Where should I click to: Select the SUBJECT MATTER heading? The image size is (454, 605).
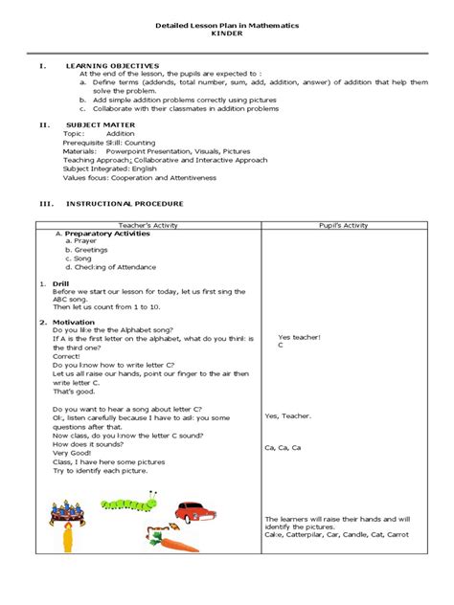101,124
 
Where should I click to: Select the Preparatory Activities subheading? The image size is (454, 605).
108,233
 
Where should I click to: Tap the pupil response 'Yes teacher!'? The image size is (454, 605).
298,337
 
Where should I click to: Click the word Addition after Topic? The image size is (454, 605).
120,135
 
